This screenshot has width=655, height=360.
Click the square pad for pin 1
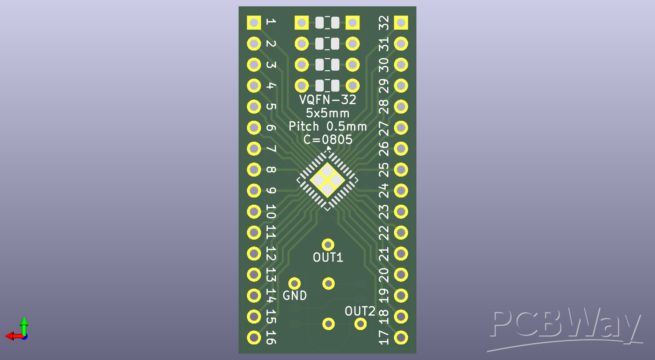[x=254, y=22]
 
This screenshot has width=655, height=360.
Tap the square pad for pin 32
[x=401, y=22]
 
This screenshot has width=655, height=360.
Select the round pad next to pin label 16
[x=254, y=337]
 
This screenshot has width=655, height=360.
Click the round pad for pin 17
[x=401, y=337]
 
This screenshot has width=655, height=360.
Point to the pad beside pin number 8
[x=254, y=169]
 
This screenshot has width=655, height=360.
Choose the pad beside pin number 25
[x=401, y=169]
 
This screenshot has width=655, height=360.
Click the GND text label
[x=294, y=295]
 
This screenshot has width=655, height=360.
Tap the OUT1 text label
[x=328, y=257]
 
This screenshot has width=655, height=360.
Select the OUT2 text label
[x=360, y=311]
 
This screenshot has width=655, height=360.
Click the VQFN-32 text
[x=327, y=99]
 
